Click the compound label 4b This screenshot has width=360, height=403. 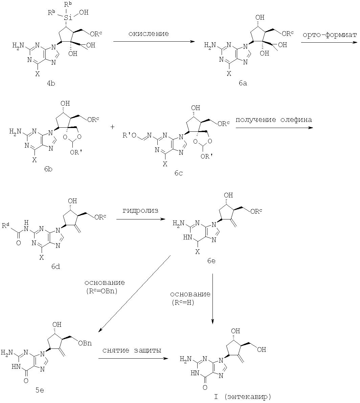pyautogui.click(x=51, y=83)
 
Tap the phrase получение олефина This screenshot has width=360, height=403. pyautogui.click(x=274, y=120)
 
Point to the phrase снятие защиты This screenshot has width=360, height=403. pyautogui.click(x=132, y=350)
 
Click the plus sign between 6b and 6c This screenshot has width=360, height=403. pyautogui.click(x=112, y=126)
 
